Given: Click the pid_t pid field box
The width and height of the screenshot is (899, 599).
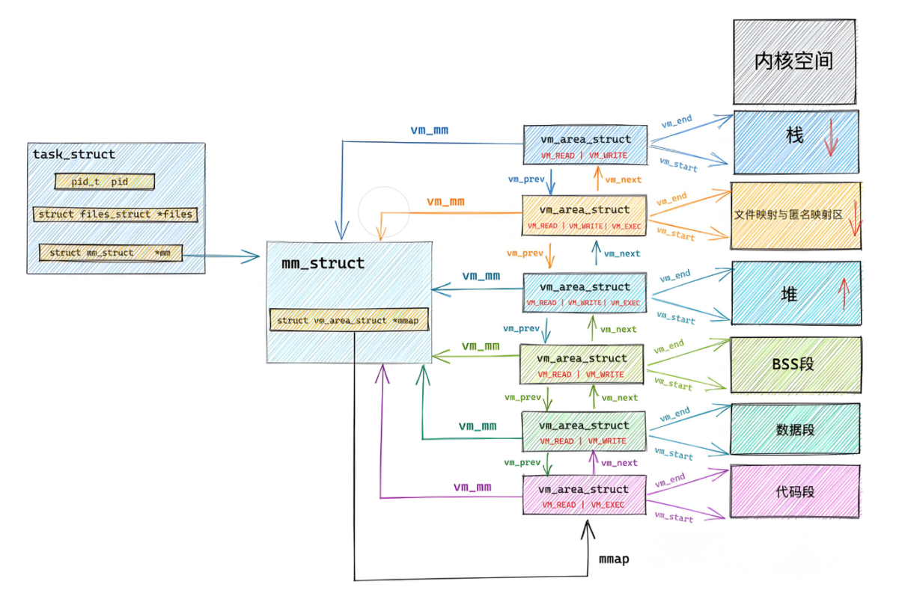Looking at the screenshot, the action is click(x=105, y=182).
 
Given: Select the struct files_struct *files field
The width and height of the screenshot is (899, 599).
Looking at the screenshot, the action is click(x=115, y=214).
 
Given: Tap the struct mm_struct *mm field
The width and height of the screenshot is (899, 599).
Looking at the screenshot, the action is click(x=111, y=253).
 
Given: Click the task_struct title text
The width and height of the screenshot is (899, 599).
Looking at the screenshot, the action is click(x=74, y=154).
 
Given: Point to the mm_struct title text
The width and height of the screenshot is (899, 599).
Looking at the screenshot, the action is click(x=323, y=263).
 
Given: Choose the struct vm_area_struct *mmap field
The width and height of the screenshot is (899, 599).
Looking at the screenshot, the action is click(x=349, y=319).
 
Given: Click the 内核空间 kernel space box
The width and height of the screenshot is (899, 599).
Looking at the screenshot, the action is click(x=794, y=62).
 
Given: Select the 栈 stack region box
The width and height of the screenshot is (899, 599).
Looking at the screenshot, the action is click(x=796, y=142).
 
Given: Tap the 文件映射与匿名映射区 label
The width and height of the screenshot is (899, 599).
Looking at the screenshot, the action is click(x=788, y=215).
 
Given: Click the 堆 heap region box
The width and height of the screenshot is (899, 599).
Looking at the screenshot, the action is click(x=796, y=293).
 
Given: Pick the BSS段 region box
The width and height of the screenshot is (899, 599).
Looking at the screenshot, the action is click(x=796, y=364).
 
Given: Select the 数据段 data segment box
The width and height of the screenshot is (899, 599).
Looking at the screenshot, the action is click(x=795, y=429).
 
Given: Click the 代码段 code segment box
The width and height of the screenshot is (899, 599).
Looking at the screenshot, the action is click(x=795, y=491).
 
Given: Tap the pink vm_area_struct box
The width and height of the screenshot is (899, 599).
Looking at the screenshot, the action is click(x=585, y=495).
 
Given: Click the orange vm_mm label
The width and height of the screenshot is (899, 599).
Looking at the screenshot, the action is click(x=445, y=202).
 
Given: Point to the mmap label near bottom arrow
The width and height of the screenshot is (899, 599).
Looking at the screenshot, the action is click(x=614, y=559).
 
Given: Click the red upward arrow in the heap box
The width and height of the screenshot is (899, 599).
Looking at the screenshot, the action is click(x=844, y=294).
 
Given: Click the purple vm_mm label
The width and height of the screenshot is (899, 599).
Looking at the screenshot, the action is click(x=472, y=487).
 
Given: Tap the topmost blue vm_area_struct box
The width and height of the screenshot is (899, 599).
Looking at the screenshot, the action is click(x=585, y=145).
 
